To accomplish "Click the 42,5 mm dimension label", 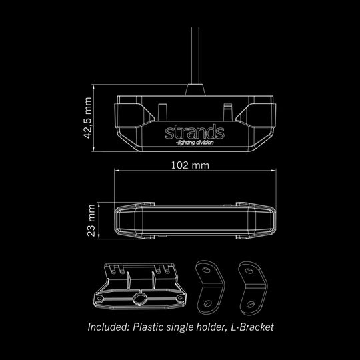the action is pos(88,118).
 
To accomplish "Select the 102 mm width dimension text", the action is pos(190,165).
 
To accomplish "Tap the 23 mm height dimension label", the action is pos(91,221).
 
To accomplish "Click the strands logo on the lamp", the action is pos(195,132).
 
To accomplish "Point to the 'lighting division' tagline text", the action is pos(195,143).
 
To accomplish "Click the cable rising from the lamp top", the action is pos(195,55).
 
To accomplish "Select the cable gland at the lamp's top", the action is pos(195,90).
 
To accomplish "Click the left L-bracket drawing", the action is pos(210,287).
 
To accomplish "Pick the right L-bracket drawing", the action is pos(253,288).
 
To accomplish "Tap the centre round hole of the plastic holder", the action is pos(139,299).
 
